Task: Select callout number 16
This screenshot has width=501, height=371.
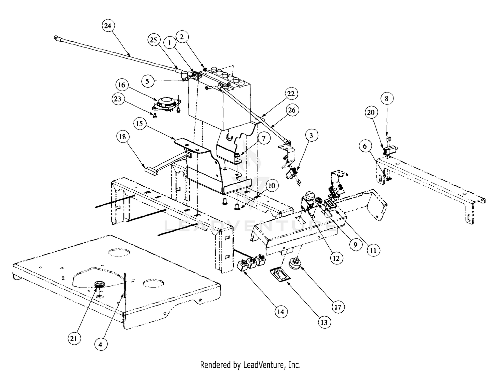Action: (x=122, y=85)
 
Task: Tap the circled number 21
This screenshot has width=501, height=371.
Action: (x=74, y=339)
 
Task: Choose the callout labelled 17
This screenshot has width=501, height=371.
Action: (x=338, y=307)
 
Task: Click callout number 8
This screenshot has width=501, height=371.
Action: (x=386, y=99)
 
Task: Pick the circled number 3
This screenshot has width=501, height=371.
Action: (x=311, y=135)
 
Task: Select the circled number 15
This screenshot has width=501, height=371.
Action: (x=140, y=124)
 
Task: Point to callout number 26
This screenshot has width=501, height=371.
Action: (x=292, y=111)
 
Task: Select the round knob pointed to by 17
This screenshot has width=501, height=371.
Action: (x=295, y=264)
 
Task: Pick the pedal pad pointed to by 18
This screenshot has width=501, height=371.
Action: (x=151, y=170)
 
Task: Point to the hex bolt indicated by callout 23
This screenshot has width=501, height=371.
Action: (x=155, y=116)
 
